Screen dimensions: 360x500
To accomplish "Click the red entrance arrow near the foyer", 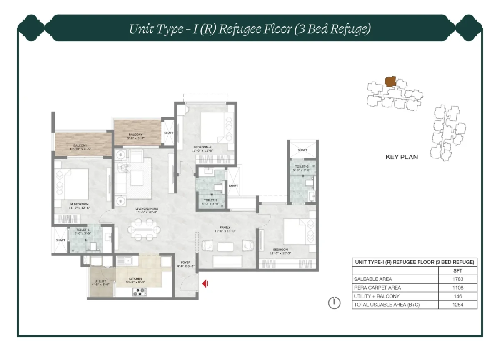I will [x=205, y=284].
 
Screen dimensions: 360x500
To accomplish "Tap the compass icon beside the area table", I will [x=334, y=302].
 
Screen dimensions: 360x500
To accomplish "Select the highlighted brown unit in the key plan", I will [x=390, y=82].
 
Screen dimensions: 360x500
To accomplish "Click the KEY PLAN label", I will [x=401, y=157].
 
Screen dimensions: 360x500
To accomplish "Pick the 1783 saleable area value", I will [x=458, y=279].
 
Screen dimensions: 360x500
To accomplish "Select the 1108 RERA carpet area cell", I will [x=458, y=287].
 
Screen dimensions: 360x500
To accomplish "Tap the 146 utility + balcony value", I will [x=458, y=296].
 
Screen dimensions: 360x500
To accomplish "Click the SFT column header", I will [x=458, y=270].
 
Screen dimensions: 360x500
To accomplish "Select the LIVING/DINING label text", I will [x=145, y=210].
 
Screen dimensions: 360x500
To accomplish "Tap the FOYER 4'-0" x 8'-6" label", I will [x=185, y=265].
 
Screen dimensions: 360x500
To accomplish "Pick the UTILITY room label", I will [x=100, y=282].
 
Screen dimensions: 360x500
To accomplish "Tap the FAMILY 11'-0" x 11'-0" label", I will [x=225, y=229].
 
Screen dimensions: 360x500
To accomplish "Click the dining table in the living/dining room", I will [x=144, y=229].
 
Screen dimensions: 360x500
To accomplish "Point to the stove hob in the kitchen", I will [x=140, y=292].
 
